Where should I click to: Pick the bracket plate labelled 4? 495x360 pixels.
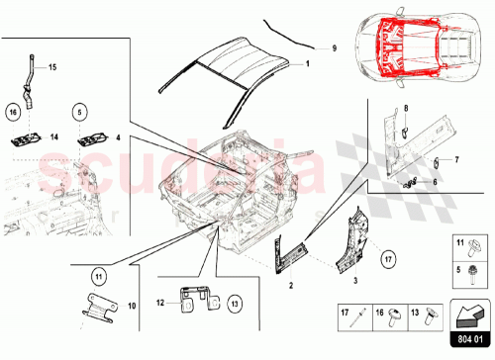click(90, 137)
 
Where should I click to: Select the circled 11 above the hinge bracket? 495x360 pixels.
click(97, 275)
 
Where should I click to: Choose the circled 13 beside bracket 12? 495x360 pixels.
click(235, 301)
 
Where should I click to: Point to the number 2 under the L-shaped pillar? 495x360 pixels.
click(291, 284)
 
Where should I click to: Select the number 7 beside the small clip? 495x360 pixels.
click(457, 158)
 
